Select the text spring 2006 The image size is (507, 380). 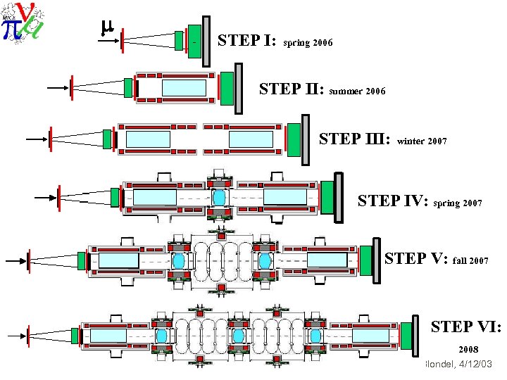click(308, 43)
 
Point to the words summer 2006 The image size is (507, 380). click(357, 91)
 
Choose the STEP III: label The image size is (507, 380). click(355, 138)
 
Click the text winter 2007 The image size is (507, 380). click(422, 141)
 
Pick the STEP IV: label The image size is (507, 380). click(394, 201)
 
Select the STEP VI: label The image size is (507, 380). click(465, 327)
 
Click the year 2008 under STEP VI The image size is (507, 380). click(469, 349)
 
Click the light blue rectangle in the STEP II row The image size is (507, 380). click(184, 88)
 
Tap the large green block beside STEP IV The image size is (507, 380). click(327, 194)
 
